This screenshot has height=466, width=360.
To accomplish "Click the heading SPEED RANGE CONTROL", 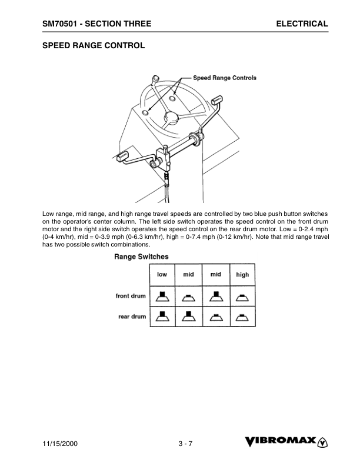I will (x=94, y=45).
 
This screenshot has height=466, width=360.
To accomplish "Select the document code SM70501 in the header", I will (x=61, y=24).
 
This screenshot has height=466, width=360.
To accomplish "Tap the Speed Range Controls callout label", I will (x=225, y=78).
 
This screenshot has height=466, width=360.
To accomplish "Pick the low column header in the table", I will (x=162, y=274).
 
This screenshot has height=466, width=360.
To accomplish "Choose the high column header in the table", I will (x=242, y=274).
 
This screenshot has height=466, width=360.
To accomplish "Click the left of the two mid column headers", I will (x=188, y=274).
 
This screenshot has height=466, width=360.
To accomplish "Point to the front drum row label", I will (x=131, y=296).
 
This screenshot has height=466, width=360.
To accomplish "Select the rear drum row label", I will (x=132, y=317).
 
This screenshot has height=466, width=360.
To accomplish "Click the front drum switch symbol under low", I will (x=162, y=295).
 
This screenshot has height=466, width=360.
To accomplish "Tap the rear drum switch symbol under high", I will (x=242, y=317).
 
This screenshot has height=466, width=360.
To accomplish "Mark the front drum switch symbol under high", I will (x=242, y=297).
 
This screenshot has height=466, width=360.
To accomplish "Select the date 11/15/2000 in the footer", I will (x=61, y=444).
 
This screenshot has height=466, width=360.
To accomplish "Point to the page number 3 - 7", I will (x=186, y=444).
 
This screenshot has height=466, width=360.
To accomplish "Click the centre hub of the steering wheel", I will (x=171, y=117).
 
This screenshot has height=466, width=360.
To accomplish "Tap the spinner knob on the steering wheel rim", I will (x=155, y=79).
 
